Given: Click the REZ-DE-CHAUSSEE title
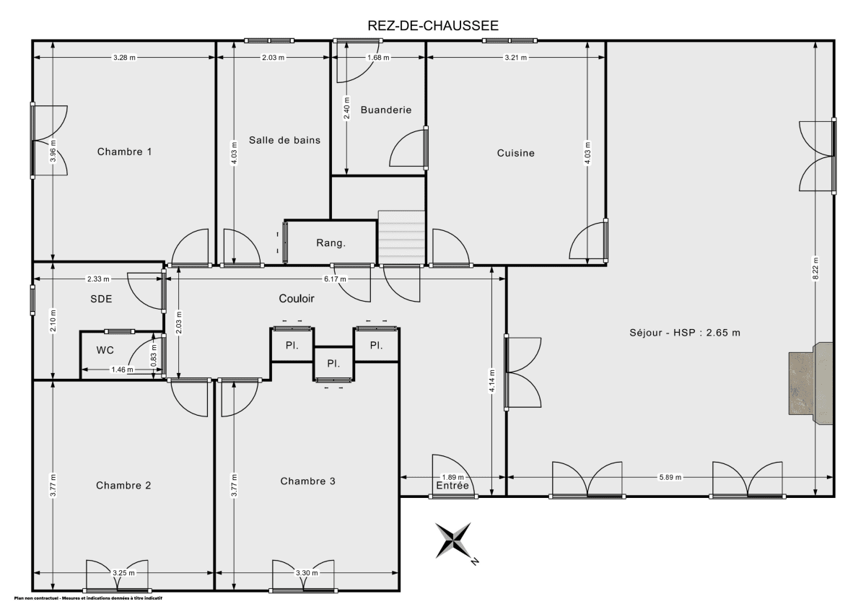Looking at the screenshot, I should click(433, 26).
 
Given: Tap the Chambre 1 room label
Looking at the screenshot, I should click(124, 152).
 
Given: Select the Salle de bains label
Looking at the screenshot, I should click(284, 140).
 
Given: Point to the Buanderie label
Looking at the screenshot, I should click(386, 110).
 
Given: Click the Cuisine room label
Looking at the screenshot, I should click(516, 153).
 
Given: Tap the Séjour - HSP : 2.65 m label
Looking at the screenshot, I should click(685, 333).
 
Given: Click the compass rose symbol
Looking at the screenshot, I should click(454, 541).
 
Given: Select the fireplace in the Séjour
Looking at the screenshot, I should click(810, 383).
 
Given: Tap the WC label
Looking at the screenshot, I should click(105, 350).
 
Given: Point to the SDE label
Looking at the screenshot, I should click(101, 300).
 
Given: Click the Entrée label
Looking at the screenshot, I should click(452, 486).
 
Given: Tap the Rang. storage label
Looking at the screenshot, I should click(331, 243).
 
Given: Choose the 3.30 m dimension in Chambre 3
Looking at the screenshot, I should click(307, 572).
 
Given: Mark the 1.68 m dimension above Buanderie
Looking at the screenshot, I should click(378, 57).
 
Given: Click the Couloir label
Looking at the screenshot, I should click(297, 298).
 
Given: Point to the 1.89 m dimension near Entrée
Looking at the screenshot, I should click(452, 477).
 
